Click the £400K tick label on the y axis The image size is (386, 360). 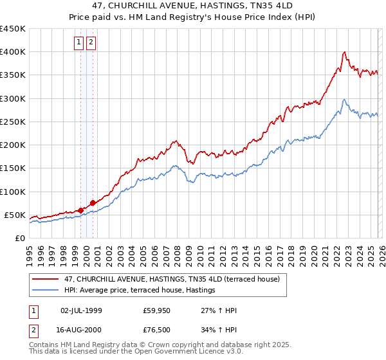click(13, 52)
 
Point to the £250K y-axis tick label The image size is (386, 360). click(13, 122)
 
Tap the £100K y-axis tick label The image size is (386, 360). click(13, 192)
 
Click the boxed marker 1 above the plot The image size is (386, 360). click(79, 43)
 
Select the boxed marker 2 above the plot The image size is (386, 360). click(91, 43)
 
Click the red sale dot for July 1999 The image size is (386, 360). click(80, 210)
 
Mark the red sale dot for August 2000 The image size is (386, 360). click(93, 203)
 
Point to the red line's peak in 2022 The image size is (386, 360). click(345, 52)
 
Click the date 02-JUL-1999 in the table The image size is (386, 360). click(81, 311)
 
